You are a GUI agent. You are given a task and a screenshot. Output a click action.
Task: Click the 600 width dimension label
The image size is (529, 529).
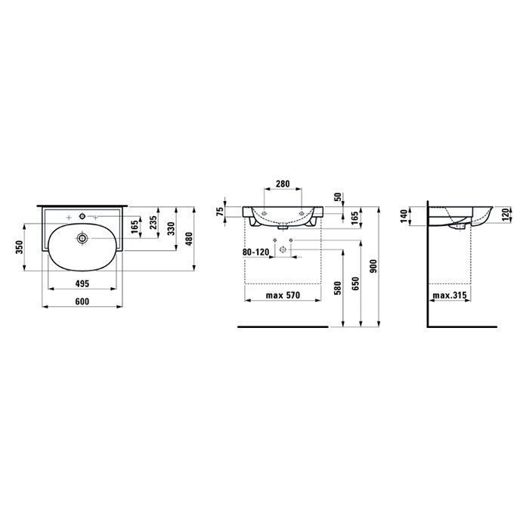[82, 302]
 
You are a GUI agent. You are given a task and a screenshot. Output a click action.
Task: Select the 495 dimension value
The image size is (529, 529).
[82, 283]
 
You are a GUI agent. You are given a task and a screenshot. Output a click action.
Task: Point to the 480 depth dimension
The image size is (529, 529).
[189, 239]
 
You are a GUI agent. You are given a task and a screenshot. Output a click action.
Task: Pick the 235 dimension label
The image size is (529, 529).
[153, 223]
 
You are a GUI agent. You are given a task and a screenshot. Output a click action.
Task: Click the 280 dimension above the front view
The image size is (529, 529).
[283, 184]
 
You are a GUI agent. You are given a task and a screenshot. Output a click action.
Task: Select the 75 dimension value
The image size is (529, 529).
[220, 212]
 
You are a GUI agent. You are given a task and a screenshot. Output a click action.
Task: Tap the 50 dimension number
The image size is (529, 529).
[338, 197]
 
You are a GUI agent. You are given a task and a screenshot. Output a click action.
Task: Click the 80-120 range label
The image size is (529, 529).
[256, 252]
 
